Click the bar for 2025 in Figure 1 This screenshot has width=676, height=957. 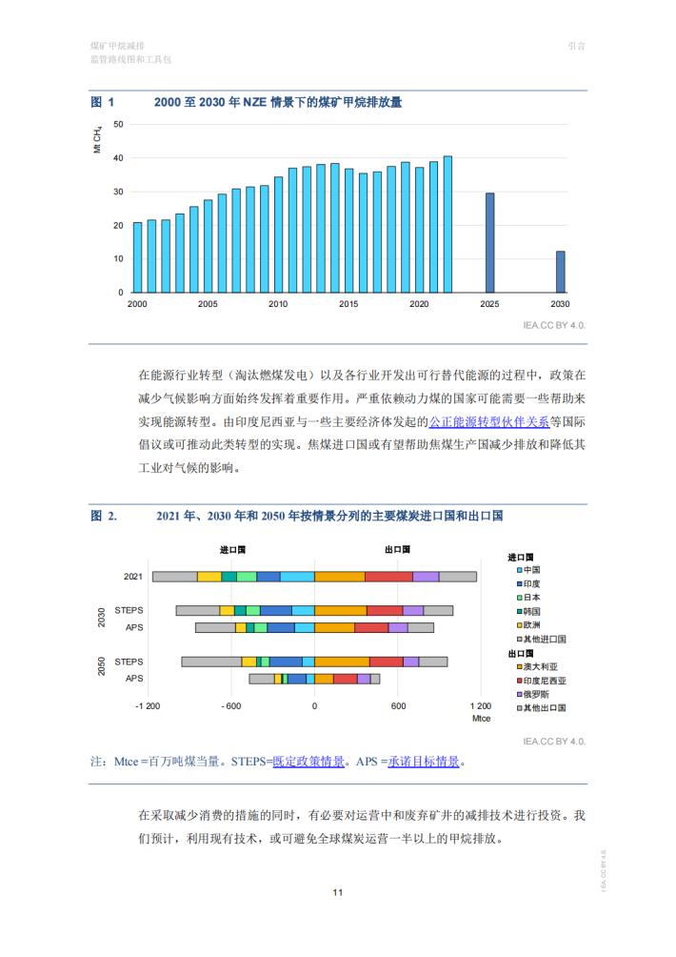point(490,243)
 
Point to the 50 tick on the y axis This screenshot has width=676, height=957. point(119,124)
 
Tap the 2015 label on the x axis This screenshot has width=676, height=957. point(348,304)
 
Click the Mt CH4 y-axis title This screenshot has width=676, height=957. point(97,140)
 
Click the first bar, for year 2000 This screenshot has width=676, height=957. point(137,257)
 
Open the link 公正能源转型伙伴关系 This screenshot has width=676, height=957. point(488,420)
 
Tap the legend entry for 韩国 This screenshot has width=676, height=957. point(531,610)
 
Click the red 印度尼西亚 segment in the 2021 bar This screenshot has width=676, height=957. point(388,577)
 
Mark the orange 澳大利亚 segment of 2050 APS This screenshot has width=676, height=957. point(324,679)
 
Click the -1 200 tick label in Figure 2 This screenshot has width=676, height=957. point(147,706)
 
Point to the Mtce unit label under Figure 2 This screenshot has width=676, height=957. point(481,718)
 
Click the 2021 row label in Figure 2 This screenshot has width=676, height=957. point(133,577)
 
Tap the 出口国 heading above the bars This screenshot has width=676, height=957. point(397,550)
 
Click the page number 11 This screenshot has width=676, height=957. point(337,892)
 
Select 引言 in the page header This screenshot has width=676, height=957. point(576,45)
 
